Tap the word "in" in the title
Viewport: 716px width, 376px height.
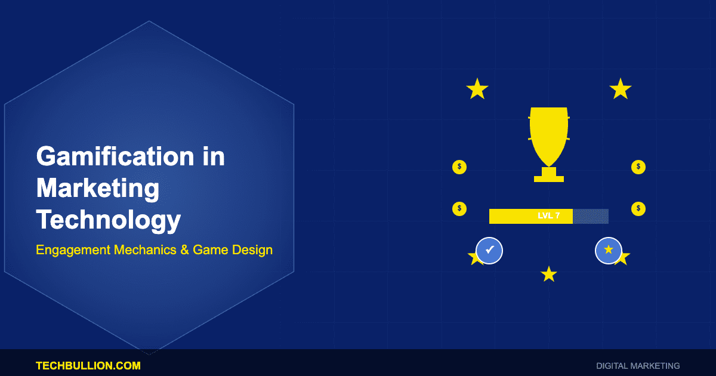211,157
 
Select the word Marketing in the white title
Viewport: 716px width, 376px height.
98,189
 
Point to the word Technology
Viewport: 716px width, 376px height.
109,220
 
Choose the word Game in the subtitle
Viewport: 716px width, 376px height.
212,249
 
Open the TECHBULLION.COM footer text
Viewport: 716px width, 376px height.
88,365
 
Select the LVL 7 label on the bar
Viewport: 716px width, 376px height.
548,216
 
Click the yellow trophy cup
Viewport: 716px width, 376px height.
548,136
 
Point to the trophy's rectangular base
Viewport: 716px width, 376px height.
548,178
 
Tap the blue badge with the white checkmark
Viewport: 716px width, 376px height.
489,251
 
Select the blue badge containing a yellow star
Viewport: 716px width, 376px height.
609,251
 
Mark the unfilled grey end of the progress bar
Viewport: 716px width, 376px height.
591,216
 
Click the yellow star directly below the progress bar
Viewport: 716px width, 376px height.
548,275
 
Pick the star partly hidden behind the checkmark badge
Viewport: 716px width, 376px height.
473,258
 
